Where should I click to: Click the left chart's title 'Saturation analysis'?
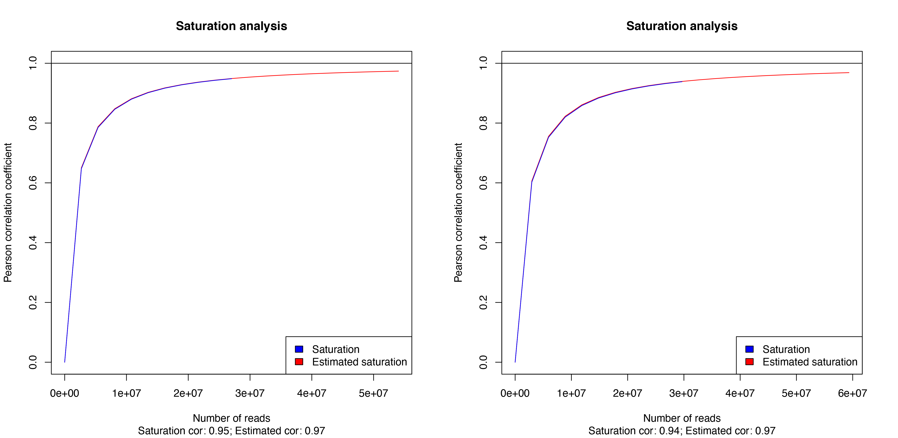[x=231, y=26]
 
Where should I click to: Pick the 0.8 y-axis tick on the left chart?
[x=33, y=123]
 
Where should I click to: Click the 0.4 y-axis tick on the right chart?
[x=483, y=243]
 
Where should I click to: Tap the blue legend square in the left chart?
[x=299, y=349]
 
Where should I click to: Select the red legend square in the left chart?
[x=299, y=362]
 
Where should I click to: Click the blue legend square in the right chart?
[x=749, y=349]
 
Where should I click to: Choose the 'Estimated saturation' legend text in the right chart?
[x=810, y=362]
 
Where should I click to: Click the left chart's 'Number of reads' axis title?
[x=231, y=418]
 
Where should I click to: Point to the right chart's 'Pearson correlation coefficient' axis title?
[x=458, y=213]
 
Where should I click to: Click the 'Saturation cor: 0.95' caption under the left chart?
[x=184, y=431]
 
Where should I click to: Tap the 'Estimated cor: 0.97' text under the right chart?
[x=730, y=431]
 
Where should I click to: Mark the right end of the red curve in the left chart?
[x=398, y=71]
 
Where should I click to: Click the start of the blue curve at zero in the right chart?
[x=515, y=362]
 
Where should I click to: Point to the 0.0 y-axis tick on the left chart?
[x=33, y=362]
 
